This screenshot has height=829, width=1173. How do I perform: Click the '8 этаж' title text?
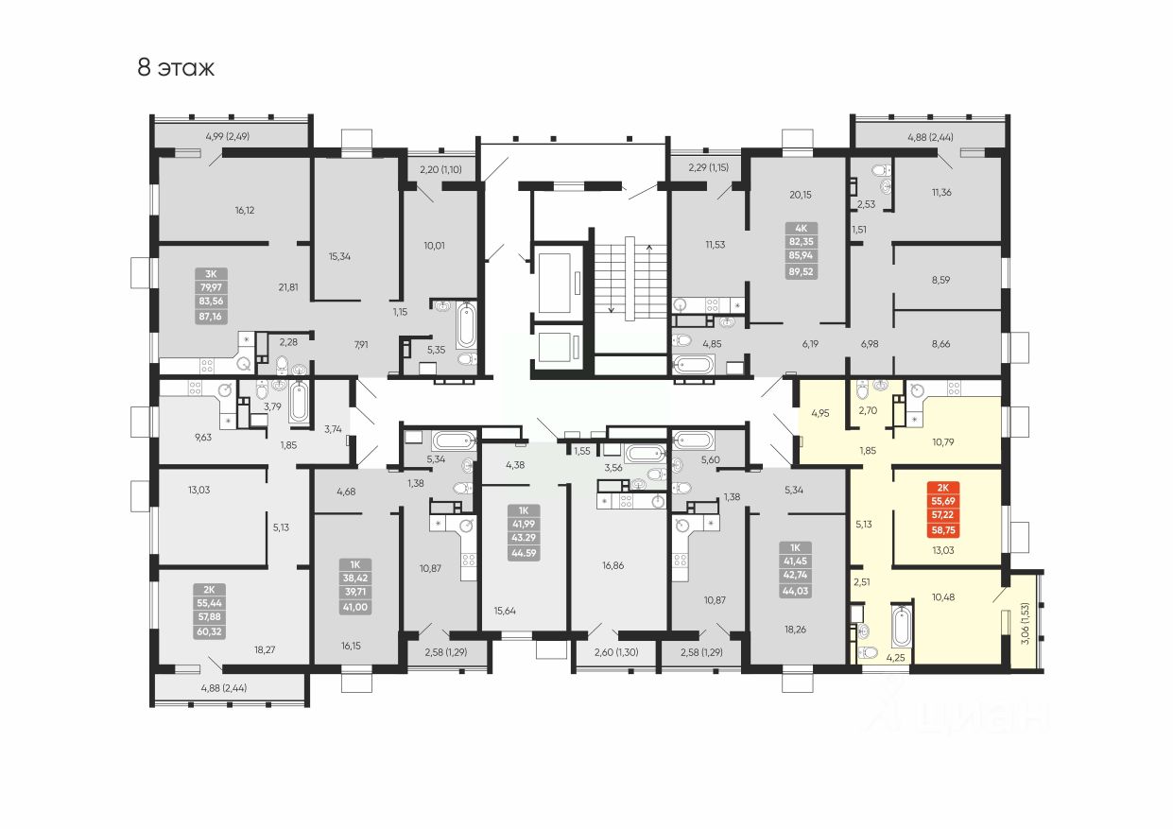(176, 68)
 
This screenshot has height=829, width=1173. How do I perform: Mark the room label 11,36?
(940, 193)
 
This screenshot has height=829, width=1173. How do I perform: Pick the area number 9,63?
(203, 437)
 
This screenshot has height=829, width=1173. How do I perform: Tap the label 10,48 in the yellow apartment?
(943, 596)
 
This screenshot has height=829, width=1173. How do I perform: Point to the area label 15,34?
(340, 256)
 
